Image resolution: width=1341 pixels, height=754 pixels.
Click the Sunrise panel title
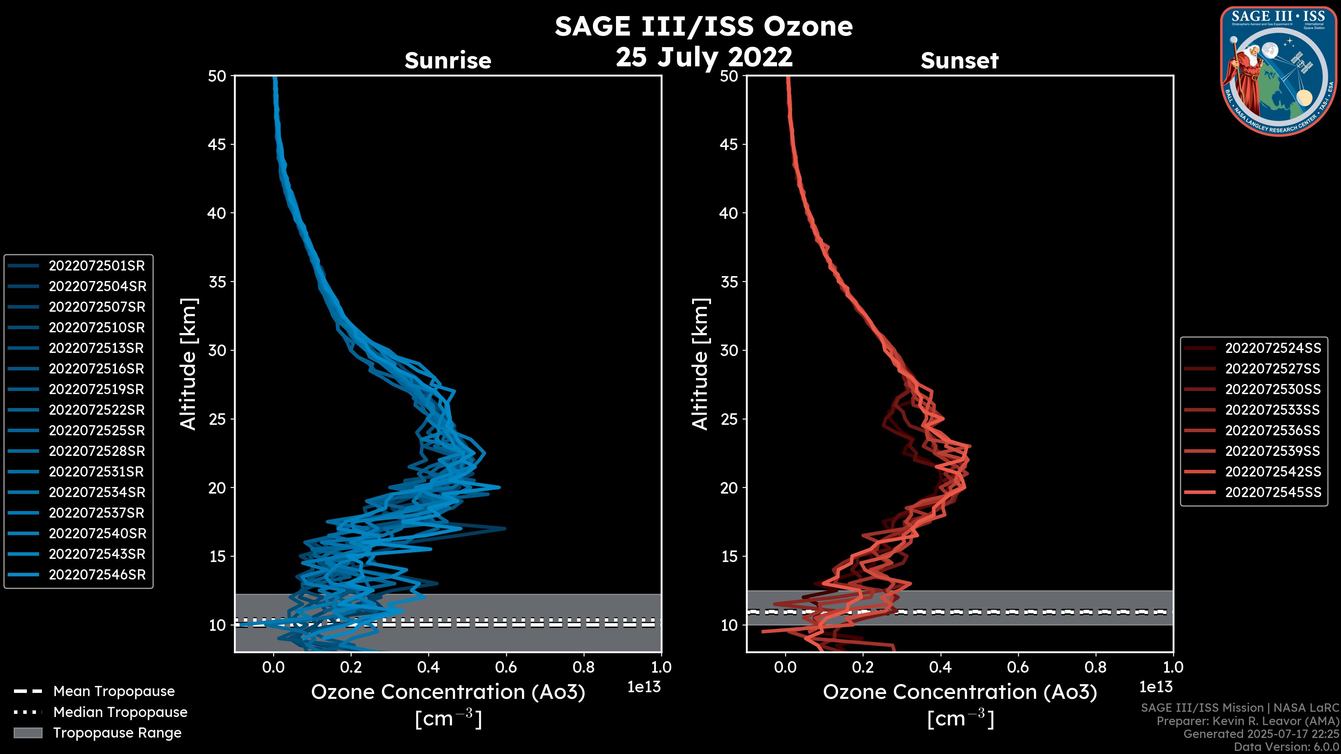pyautogui.click(x=448, y=61)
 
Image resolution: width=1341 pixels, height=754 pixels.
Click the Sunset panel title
pyautogui.click(x=959, y=61)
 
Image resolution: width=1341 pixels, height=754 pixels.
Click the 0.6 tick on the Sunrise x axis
pyautogui.click(x=506, y=667)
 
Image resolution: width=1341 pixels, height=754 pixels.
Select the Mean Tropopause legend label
pyautogui.click(x=114, y=692)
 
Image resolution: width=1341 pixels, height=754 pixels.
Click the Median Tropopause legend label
pyautogui.click(x=120, y=712)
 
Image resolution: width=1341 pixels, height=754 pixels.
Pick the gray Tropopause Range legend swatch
pyautogui.click(x=28, y=733)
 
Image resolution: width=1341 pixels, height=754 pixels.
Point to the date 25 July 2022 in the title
pyautogui.click(x=704, y=57)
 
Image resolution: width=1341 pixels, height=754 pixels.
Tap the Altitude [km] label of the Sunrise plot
pyautogui.click(x=189, y=364)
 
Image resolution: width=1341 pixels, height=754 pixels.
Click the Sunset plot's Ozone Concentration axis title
pyautogui.click(x=960, y=693)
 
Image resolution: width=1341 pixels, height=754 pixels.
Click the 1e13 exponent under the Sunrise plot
pyautogui.click(x=644, y=687)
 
